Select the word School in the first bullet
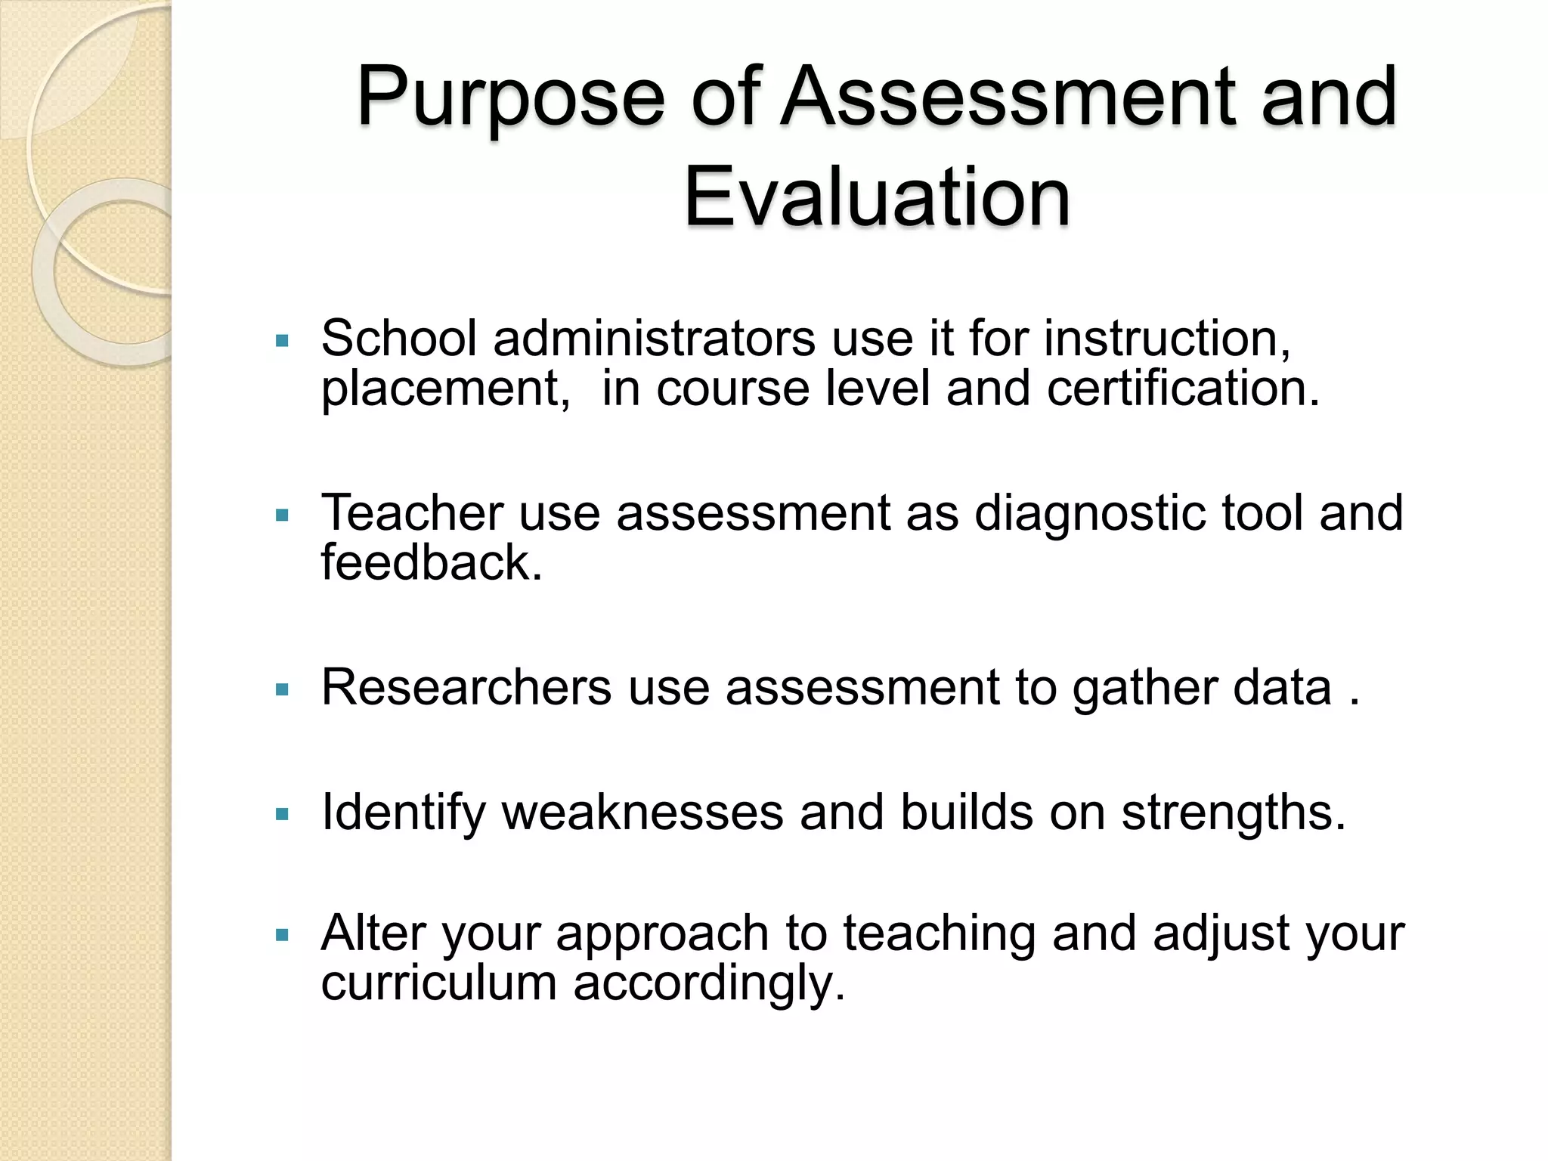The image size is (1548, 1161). [399, 337]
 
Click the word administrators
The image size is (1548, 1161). [654, 337]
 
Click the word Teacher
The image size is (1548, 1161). [412, 512]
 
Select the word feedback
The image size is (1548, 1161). [432, 562]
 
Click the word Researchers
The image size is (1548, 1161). [466, 687]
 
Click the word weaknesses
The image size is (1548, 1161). [642, 813]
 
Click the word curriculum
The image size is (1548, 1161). [438, 983]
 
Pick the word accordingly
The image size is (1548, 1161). [708, 984]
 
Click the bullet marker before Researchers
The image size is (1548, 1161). [283, 690]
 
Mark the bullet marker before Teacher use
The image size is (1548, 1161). [283, 516]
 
